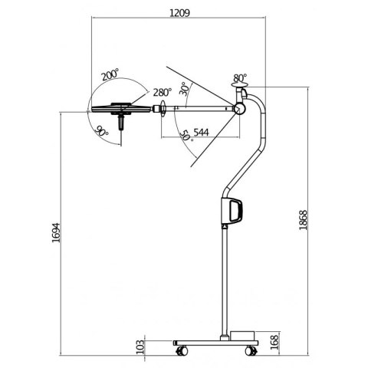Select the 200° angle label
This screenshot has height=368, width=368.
109,75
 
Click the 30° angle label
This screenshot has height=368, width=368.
184,89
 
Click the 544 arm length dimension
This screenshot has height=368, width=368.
202,132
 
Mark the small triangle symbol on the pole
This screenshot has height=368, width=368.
224,227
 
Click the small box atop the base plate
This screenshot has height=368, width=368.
245,334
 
